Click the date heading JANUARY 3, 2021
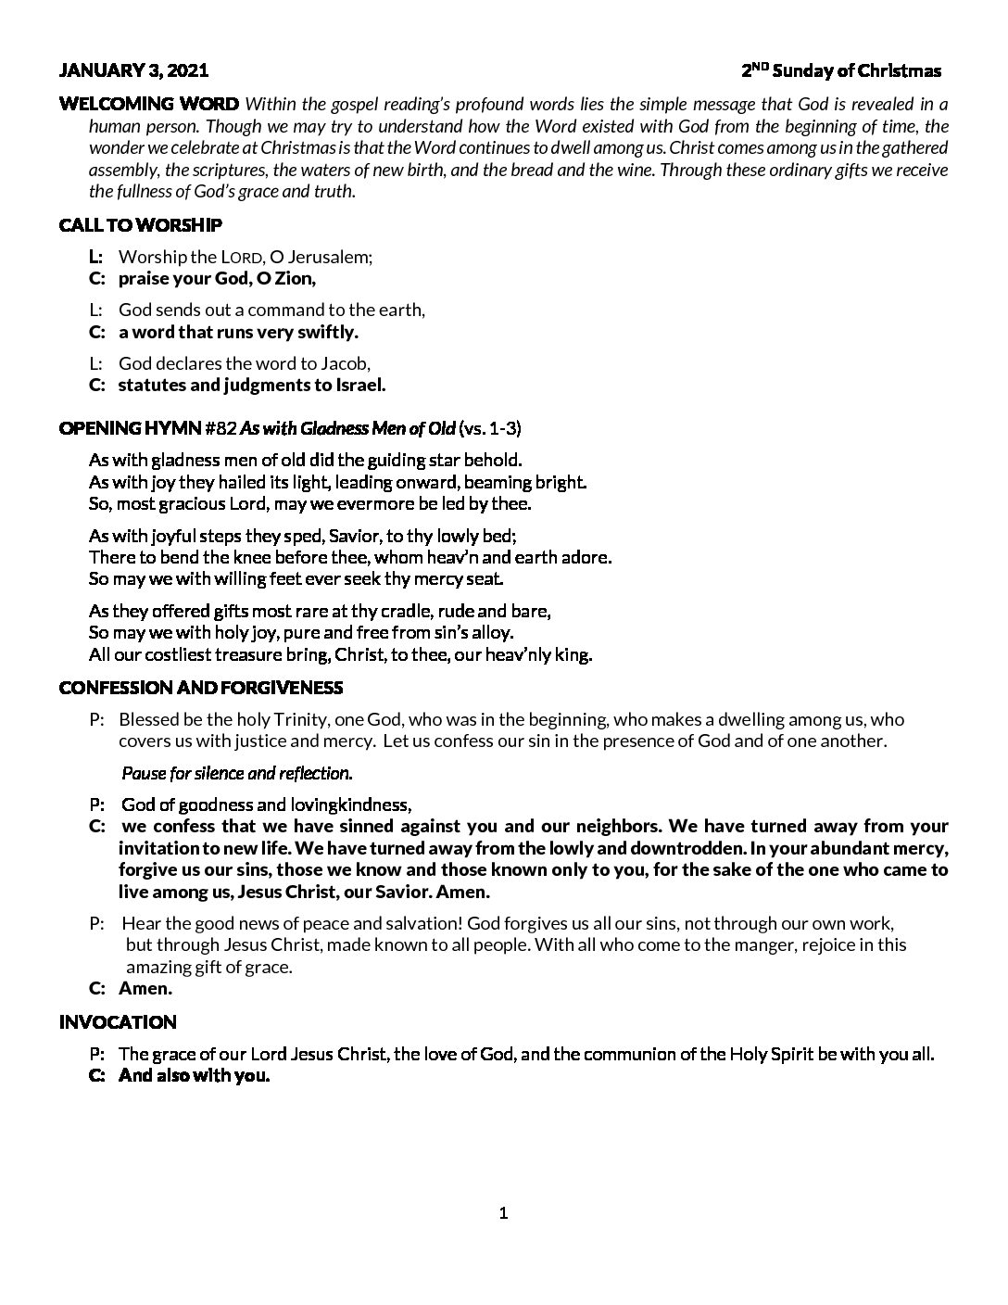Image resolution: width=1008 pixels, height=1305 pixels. (133, 70)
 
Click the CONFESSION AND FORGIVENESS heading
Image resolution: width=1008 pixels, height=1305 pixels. (200, 688)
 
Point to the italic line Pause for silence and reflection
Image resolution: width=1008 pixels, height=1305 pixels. (237, 772)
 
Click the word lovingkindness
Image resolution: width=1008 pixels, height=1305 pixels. (348, 805)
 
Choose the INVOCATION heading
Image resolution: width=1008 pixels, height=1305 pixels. (118, 1022)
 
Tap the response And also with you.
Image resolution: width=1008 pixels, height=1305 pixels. (194, 1076)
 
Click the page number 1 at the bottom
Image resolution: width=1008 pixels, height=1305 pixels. (503, 1213)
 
